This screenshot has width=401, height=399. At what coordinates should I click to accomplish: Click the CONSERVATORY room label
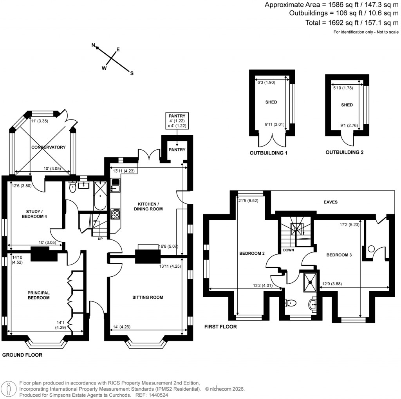click(49, 147)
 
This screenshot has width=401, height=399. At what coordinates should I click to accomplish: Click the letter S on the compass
click(132, 73)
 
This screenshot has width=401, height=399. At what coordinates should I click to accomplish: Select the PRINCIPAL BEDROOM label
click(38, 295)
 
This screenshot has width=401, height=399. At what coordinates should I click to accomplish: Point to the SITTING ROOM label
click(148, 297)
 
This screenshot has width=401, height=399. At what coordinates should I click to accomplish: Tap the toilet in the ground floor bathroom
click(72, 188)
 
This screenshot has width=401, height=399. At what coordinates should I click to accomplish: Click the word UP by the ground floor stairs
click(100, 238)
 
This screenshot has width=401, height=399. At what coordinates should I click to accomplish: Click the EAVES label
click(330, 202)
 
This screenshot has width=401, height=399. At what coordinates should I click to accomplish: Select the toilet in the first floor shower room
click(289, 303)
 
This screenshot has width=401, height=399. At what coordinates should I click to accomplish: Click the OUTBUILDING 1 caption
click(269, 153)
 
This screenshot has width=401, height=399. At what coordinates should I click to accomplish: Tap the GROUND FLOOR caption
click(22, 355)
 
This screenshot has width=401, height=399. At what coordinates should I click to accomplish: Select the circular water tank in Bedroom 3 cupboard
click(371, 248)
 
